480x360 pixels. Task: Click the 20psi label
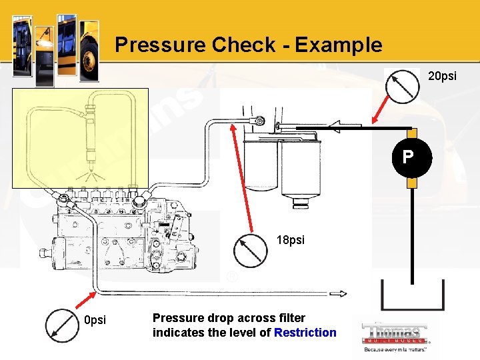[441, 76]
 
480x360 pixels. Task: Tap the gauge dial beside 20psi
[404, 86]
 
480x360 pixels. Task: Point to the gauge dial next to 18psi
[250, 251]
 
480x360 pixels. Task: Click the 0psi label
[95, 321]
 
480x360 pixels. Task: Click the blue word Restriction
[305, 333]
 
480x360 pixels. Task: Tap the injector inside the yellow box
[91, 136]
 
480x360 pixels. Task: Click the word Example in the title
[338, 45]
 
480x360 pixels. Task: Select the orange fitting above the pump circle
[412, 134]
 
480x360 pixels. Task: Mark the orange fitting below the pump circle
[412, 182]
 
